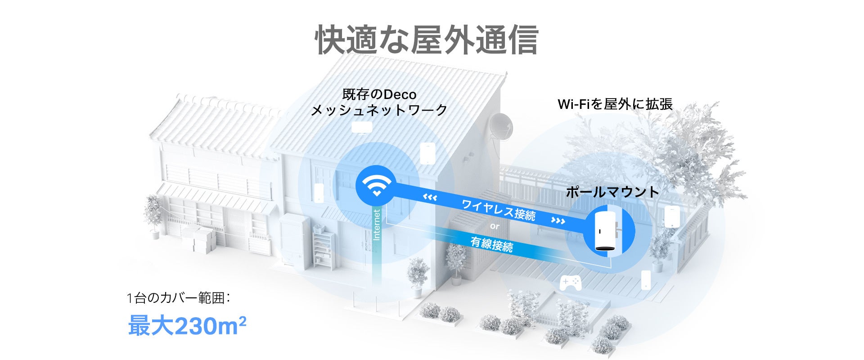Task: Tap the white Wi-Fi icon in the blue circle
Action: coord(376,185)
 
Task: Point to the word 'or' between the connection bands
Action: coord(495,226)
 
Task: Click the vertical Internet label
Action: coord(377,225)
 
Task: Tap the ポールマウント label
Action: coord(612,192)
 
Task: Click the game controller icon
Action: coord(570,282)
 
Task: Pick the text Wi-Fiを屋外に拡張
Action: coord(615,104)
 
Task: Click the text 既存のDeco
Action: coord(379,94)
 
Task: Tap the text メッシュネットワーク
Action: coord(379,110)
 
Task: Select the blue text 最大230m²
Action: coord(187,325)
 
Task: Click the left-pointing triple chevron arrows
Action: coord(430,197)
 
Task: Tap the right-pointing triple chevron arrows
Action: coord(558,220)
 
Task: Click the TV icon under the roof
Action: coord(361,127)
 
